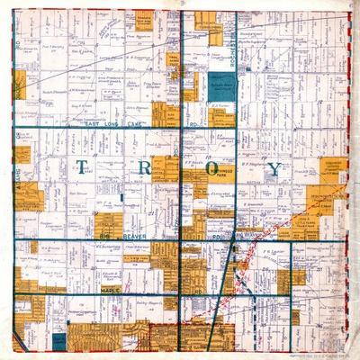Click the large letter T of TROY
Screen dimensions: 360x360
(x=83, y=167)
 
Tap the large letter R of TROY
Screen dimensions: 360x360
(x=147, y=167)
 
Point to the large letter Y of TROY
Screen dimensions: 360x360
(x=274, y=168)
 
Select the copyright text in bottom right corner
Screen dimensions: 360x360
(x=319, y=353)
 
